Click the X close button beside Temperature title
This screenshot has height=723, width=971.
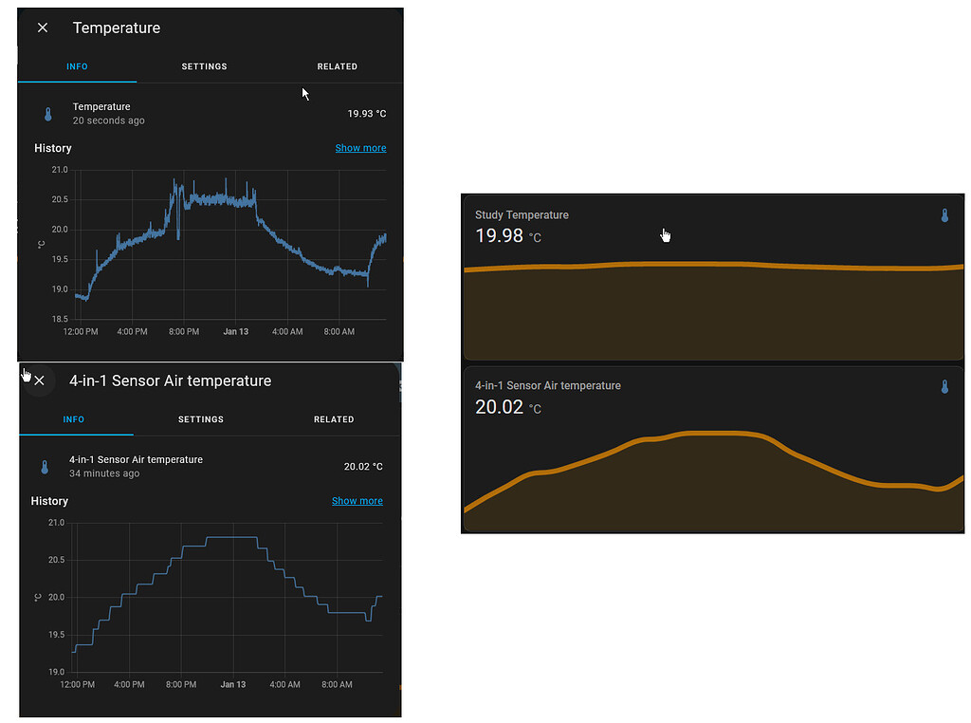click(43, 28)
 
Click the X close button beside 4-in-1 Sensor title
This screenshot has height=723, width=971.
click(39, 380)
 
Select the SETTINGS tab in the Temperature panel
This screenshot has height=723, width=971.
click(204, 66)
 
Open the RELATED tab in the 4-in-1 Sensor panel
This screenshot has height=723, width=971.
click(334, 419)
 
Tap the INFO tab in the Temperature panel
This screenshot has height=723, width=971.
click(77, 66)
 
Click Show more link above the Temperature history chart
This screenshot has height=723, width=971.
click(360, 148)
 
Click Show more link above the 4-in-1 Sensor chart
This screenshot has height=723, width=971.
click(357, 501)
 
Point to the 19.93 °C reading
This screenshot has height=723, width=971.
click(367, 114)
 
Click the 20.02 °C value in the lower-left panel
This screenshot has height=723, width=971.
click(363, 467)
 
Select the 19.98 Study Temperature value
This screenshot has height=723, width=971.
click(500, 235)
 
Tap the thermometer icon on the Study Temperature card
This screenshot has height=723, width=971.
click(944, 215)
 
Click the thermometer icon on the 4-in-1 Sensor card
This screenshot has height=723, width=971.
click(944, 386)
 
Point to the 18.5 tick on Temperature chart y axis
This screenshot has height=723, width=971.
click(60, 319)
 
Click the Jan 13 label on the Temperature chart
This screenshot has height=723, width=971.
click(236, 332)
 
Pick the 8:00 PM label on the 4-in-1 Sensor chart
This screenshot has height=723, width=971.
click(180, 685)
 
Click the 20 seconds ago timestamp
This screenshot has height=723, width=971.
click(109, 121)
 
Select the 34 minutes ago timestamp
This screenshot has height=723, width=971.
click(104, 473)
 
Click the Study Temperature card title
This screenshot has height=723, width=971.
click(522, 215)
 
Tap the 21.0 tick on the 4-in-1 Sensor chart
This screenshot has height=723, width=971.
click(56, 523)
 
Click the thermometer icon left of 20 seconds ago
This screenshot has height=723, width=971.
click(48, 114)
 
